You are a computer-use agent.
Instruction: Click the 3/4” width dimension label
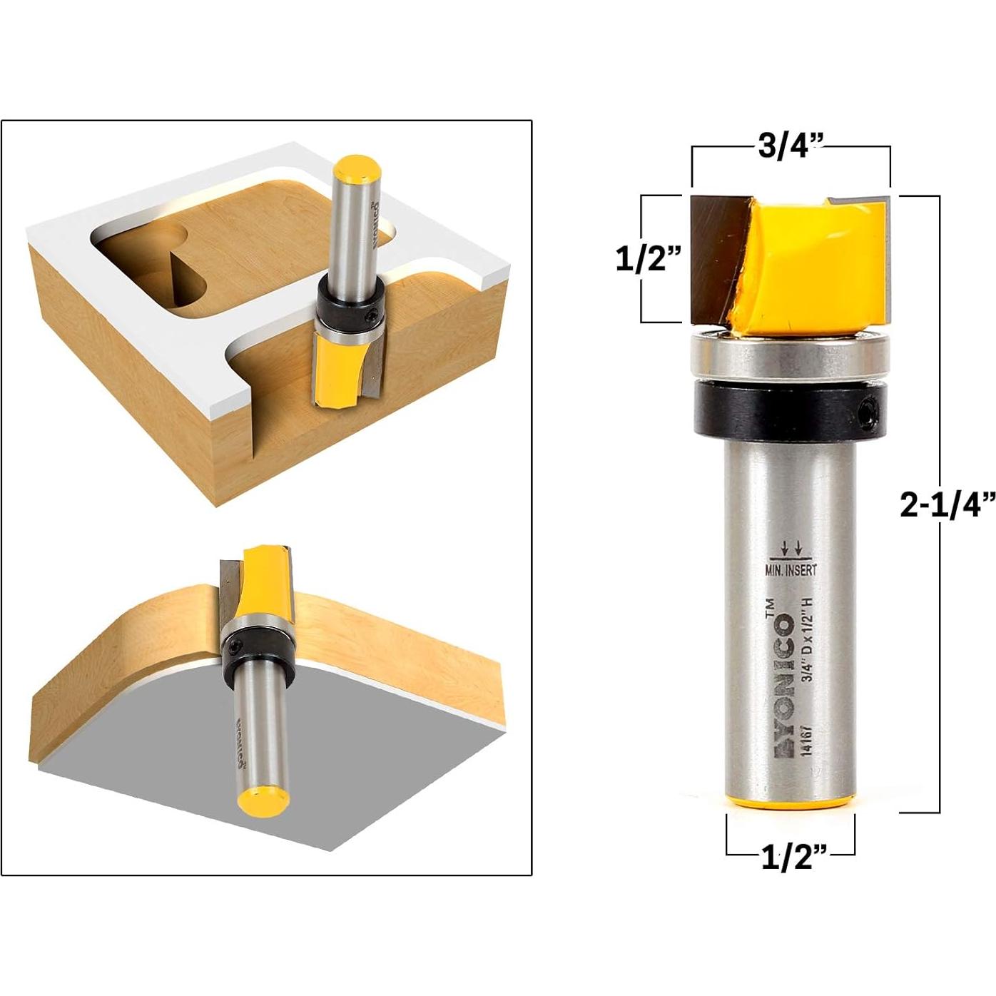click(x=791, y=146)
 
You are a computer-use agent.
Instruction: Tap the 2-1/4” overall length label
click(x=946, y=505)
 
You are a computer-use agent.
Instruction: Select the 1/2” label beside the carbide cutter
click(x=649, y=260)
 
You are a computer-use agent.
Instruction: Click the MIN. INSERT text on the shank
click(x=791, y=569)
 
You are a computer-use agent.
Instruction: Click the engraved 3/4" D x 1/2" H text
click(x=808, y=649)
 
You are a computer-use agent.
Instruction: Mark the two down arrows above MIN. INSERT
click(x=791, y=548)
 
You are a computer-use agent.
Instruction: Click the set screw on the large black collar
click(x=868, y=412)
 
